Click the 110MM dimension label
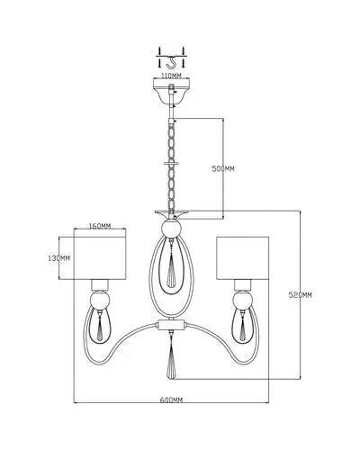171,76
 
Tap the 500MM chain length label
223,169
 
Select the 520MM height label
300,295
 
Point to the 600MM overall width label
171,400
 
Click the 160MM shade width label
100,226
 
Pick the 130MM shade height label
59,258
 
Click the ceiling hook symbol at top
171,62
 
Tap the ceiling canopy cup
171,91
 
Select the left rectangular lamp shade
100,258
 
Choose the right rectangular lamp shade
242,258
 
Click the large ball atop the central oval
171,229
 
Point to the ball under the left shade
100,300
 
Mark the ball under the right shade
243,300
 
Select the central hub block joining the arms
171,325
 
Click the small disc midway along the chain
171,164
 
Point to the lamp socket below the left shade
100,285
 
